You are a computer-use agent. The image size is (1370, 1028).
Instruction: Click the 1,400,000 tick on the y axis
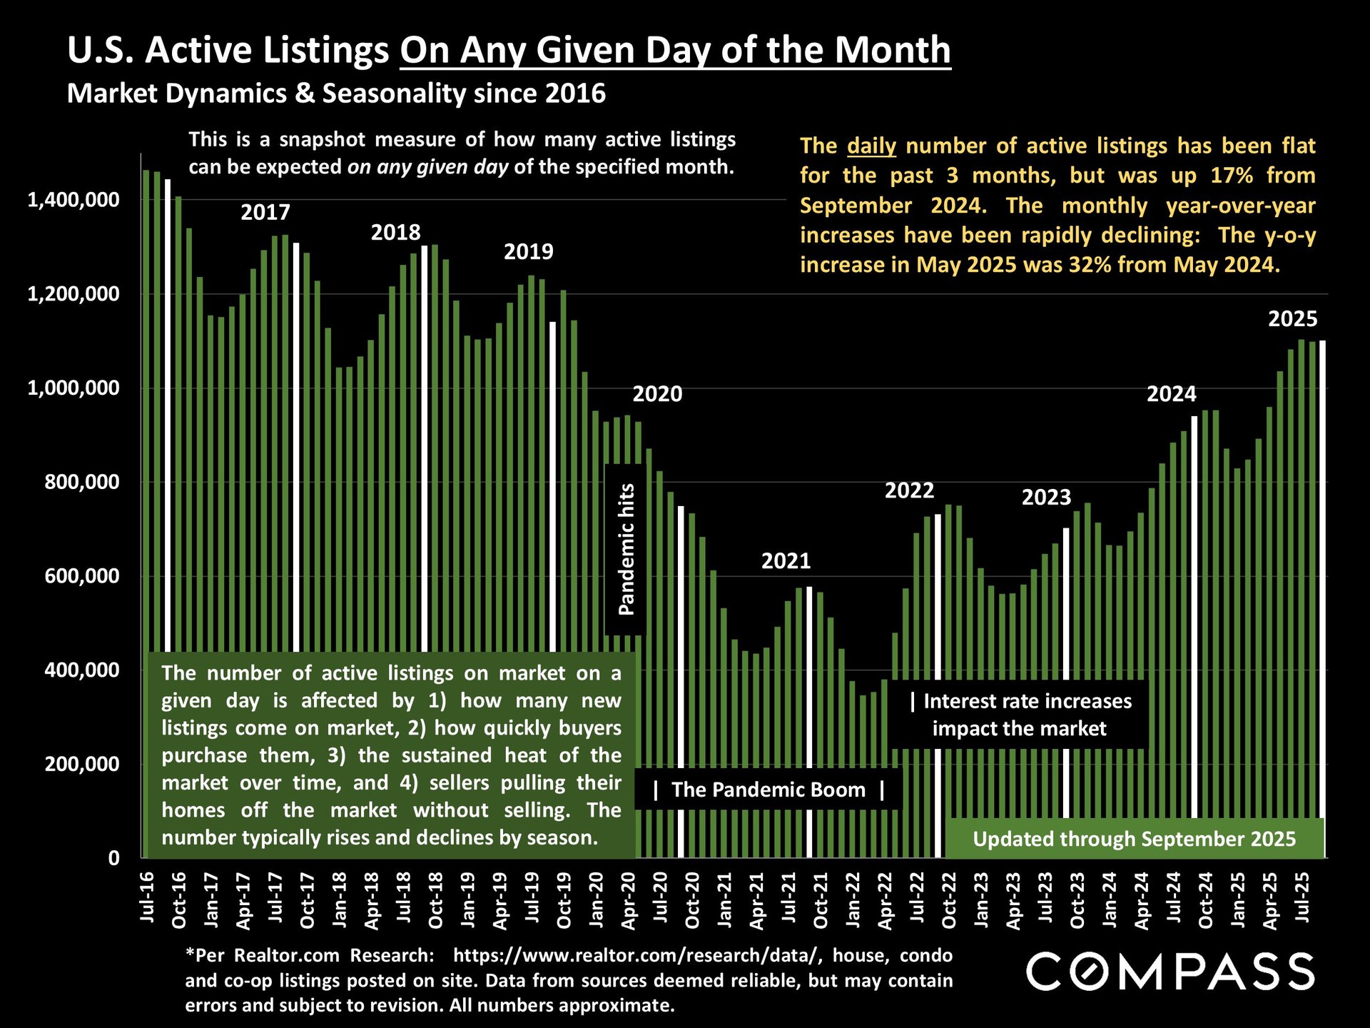coord(73,200)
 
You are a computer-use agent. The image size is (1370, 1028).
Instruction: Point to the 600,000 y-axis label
coord(81,576)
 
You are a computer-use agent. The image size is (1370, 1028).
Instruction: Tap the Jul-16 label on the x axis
coord(147,897)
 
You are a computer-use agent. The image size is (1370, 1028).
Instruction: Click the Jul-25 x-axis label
coord(1302,897)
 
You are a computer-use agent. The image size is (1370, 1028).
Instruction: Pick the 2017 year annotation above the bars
coord(265,213)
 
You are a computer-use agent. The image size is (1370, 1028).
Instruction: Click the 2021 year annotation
coord(786,561)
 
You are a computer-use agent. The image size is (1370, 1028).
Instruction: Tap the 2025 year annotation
coord(1292,319)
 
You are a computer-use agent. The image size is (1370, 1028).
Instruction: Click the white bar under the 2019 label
coord(552,485)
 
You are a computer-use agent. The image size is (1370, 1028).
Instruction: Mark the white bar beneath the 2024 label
coord(1194,614)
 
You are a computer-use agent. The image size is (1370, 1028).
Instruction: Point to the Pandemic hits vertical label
coord(626,549)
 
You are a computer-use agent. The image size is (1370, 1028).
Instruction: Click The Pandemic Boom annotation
coord(768,790)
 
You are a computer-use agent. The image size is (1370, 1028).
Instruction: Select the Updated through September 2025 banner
coord(1134,839)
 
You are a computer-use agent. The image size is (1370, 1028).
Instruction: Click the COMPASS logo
coord(1170,972)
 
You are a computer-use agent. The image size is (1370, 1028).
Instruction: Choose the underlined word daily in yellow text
coord(871,146)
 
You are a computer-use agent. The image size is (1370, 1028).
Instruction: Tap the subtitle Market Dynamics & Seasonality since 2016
coord(336,94)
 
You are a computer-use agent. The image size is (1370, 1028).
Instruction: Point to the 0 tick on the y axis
coord(113,858)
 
